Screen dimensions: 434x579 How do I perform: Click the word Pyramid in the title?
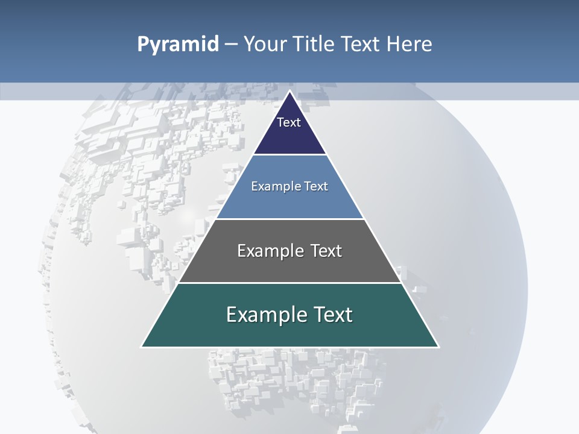[178, 45]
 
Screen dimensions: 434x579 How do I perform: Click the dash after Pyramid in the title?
[231, 45]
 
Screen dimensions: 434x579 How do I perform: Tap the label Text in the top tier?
[289, 122]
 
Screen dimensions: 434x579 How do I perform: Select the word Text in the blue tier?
[317, 186]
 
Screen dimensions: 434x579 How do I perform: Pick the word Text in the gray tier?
[326, 251]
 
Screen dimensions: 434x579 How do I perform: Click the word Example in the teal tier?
[264, 315]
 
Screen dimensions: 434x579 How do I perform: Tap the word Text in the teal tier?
[333, 315]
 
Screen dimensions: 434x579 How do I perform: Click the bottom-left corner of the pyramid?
[142, 347]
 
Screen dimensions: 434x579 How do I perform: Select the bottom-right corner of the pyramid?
[438, 347]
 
